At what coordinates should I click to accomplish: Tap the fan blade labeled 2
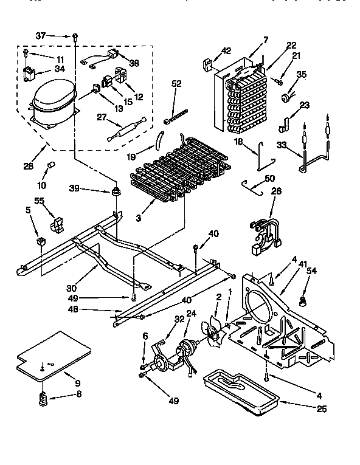tap(213, 332)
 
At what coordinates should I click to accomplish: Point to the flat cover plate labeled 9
tap(53, 356)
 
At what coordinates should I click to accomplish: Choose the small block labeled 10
tap(51, 166)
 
